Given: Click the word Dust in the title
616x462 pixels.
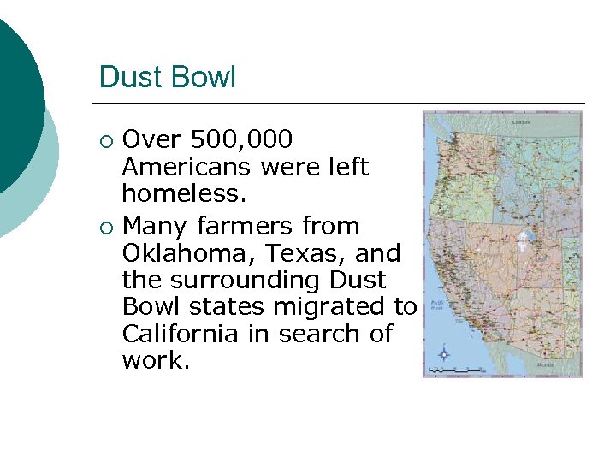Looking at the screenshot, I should coord(125,77).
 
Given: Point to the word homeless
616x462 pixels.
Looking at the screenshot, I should coord(183,193).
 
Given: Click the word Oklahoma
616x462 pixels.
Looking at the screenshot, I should coord(190,253).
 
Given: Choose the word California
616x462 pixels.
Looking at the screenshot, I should coord(180,333).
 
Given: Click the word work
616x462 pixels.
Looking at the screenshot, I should coord(155,360).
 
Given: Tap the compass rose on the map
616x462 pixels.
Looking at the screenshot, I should coord(443,352).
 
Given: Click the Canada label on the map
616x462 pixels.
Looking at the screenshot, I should coord(520,121).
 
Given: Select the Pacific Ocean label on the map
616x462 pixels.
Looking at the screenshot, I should coord(437,305).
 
